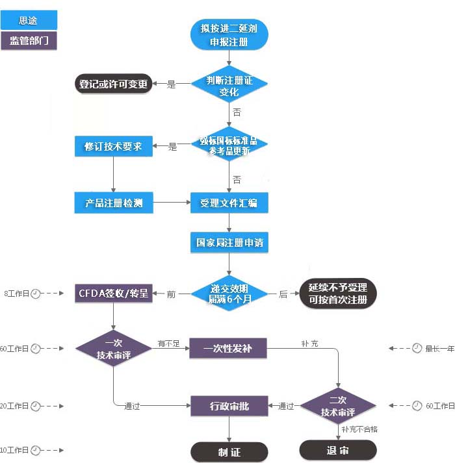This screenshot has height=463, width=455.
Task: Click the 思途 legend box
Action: pyautogui.click(x=29, y=20)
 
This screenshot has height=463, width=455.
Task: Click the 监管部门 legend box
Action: pyautogui.click(x=29, y=41)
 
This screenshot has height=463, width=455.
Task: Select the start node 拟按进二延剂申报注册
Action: pyautogui.click(x=229, y=34)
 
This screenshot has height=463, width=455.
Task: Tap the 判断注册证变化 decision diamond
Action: pyautogui.click(x=229, y=84)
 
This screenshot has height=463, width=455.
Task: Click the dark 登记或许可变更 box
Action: pyautogui.click(x=113, y=84)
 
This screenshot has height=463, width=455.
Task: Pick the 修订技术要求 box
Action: pyautogui.click(x=113, y=147)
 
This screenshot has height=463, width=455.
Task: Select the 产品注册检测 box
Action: pyautogui.click(x=113, y=203)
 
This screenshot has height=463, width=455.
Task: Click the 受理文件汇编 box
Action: pyautogui.click(x=229, y=203)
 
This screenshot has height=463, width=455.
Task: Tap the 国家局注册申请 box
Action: pyautogui.click(x=229, y=244)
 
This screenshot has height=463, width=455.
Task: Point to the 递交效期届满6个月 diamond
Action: pyautogui.click(x=229, y=294)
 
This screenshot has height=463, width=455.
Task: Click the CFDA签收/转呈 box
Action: pyautogui.click(x=113, y=294)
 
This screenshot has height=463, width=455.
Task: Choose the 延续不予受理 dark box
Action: pyautogui.click(x=337, y=294)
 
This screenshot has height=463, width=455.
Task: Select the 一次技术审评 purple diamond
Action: pyautogui.click(x=113, y=349)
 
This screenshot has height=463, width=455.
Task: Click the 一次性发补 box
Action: pyautogui.click(x=229, y=349)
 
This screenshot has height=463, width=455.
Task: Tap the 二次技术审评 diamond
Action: pyautogui.click(x=338, y=407)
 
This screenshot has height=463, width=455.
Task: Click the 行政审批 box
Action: pyautogui.click(x=229, y=407)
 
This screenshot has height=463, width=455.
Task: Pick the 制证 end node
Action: pyautogui.click(x=229, y=451)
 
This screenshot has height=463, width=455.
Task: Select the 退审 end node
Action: pyautogui.click(x=338, y=450)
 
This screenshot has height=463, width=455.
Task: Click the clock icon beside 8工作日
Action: pyautogui.click(x=36, y=294)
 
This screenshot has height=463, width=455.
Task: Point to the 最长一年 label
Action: pyautogui.click(x=439, y=349)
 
